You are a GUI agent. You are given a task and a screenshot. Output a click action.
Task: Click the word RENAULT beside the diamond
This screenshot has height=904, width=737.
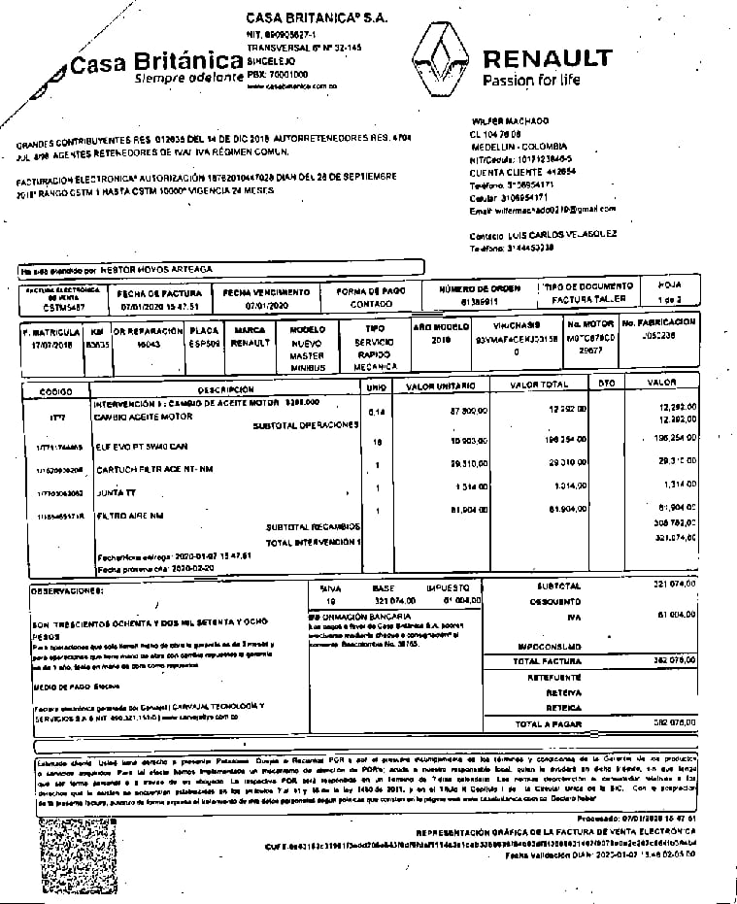[547, 57]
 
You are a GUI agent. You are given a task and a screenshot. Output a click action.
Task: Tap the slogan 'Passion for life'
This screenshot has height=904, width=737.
[530, 80]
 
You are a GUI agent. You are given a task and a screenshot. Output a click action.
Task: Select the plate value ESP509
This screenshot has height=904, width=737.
[205, 343]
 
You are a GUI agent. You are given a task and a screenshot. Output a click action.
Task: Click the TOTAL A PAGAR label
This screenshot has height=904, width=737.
[548, 723]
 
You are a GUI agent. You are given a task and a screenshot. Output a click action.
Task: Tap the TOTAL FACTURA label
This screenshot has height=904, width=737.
[546, 660]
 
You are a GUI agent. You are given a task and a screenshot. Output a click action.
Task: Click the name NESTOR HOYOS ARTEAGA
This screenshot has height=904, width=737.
[156, 268]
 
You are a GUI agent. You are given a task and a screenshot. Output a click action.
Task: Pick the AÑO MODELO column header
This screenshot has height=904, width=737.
[442, 327]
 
